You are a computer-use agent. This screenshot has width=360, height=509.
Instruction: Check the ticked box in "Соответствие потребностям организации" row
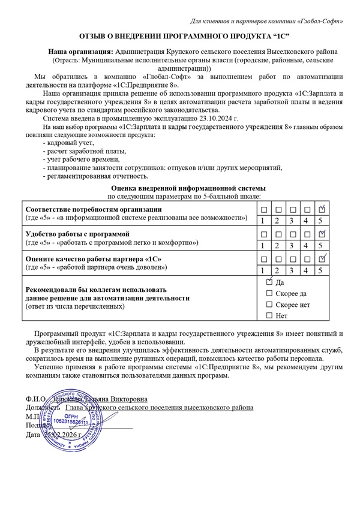[322, 209]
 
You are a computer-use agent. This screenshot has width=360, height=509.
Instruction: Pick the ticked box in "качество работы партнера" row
[322, 258]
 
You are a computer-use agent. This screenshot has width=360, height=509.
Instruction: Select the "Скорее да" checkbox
[269, 293]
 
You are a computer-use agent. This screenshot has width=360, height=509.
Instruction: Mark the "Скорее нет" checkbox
[269, 305]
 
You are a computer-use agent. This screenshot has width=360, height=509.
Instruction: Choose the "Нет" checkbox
[269, 315]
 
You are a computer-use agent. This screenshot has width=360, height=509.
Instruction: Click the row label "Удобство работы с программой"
[77, 233]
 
